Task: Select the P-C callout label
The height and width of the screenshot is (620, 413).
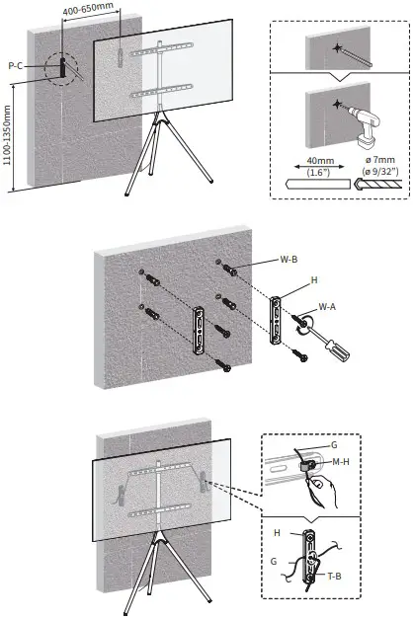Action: click(16, 65)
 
